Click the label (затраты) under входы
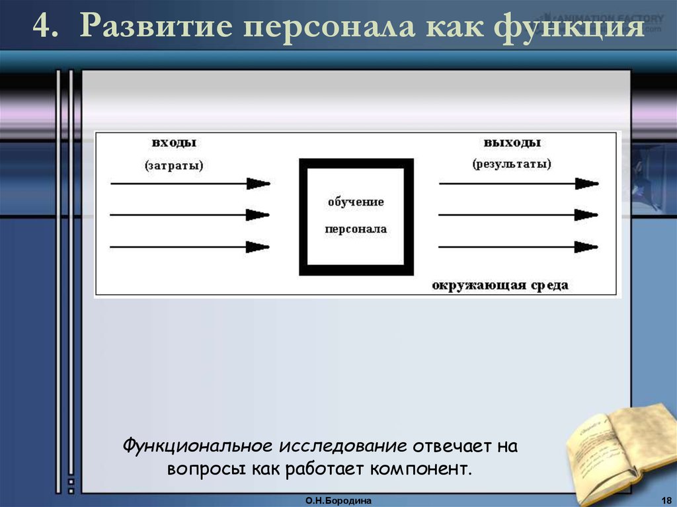pyautogui.click(x=174, y=165)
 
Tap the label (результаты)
pyautogui.click(x=512, y=164)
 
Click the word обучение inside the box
pyautogui.click(x=356, y=202)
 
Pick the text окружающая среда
pyautogui.click(x=500, y=285)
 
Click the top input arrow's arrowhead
pyautogui.click(x=259, y=183)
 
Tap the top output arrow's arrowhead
pyautogui.click(x=587, y=183)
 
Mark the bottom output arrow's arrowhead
pyautogui.click(x=587, y=247)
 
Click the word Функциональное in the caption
pyautogui.click(x=198, y=446)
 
